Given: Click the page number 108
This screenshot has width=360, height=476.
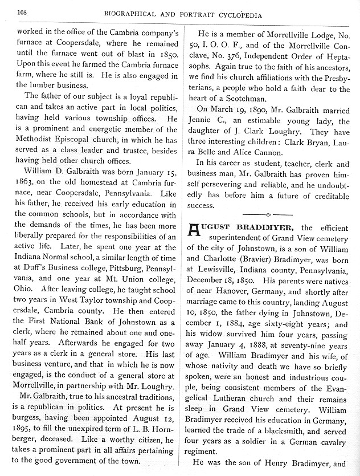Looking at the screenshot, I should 22,11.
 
